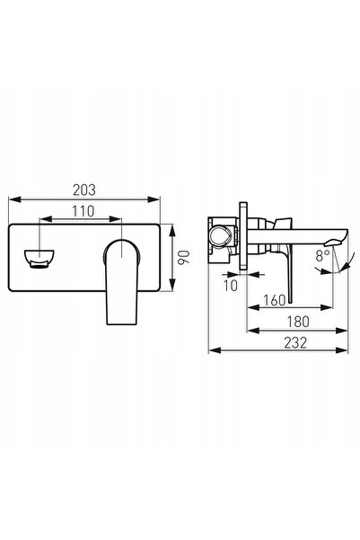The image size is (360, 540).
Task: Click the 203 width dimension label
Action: point(84,190)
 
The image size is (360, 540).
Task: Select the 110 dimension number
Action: point(83,211)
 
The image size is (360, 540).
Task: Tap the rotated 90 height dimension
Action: point(184,257)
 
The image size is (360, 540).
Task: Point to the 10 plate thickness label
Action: point(231,285)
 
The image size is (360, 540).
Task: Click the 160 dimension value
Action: point(275,300)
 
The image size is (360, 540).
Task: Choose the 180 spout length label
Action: point(298,322)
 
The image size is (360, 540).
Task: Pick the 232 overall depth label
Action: point(295,343)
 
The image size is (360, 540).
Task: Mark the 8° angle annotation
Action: point(322,255)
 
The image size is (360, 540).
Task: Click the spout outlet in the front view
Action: point(39,259)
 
